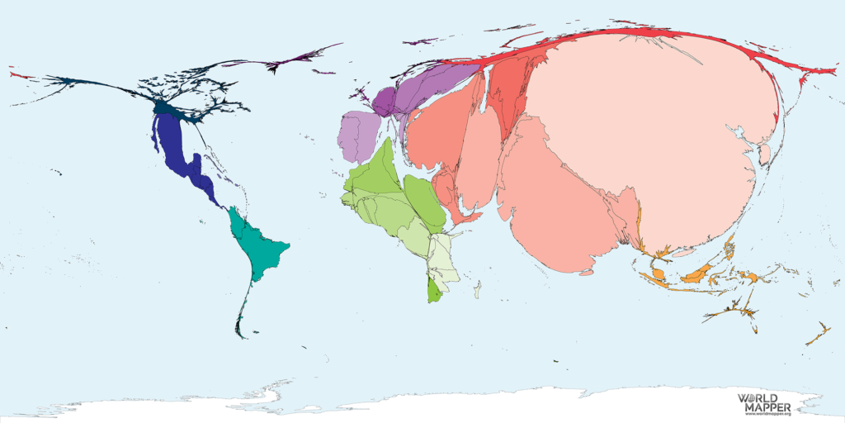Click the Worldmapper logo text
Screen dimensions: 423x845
[x=764, y=402]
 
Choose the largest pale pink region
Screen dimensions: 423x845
[x=652, y=124]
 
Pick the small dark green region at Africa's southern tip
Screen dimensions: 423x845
[x=434, y=291]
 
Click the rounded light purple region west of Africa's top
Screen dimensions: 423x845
[x=357, y=137]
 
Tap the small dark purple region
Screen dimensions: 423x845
[x=384, y=100]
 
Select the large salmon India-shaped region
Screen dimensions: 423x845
[x=561, y=207]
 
